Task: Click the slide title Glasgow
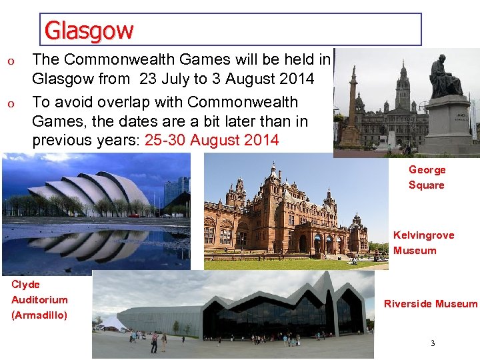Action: coord(89,30)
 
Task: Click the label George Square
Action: coord(427,177)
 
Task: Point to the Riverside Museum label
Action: coord(431,304)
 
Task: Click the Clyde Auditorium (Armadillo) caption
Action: coord(39,300)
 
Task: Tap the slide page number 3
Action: coord(432,344)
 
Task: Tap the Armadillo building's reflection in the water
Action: coord(87,243)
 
